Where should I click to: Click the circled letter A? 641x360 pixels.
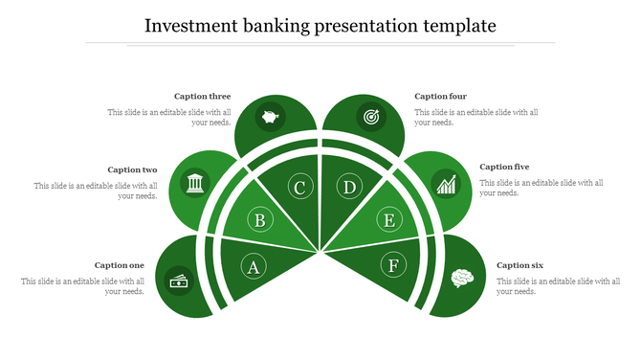[253, 266]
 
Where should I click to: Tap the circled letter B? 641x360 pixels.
[259, 221]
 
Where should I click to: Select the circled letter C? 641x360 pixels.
[299, 188]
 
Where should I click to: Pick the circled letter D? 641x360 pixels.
[350, 188]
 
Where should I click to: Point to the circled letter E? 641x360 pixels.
[388, 221]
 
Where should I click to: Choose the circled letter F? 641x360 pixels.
[392, 264]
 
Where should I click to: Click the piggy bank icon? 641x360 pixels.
[271, 119]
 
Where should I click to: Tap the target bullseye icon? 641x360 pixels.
[369, 118]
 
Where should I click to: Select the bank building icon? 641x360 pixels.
[195, 182]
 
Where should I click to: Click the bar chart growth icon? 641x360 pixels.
[446, 183]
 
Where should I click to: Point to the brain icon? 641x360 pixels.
[462, 278]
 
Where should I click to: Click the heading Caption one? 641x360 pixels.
[120, 265]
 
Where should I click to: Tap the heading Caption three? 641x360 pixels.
[202, 97]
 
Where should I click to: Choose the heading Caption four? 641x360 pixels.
[441, 97]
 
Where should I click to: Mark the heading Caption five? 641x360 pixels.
[504, 167]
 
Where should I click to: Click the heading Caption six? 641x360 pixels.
[520, 265]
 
